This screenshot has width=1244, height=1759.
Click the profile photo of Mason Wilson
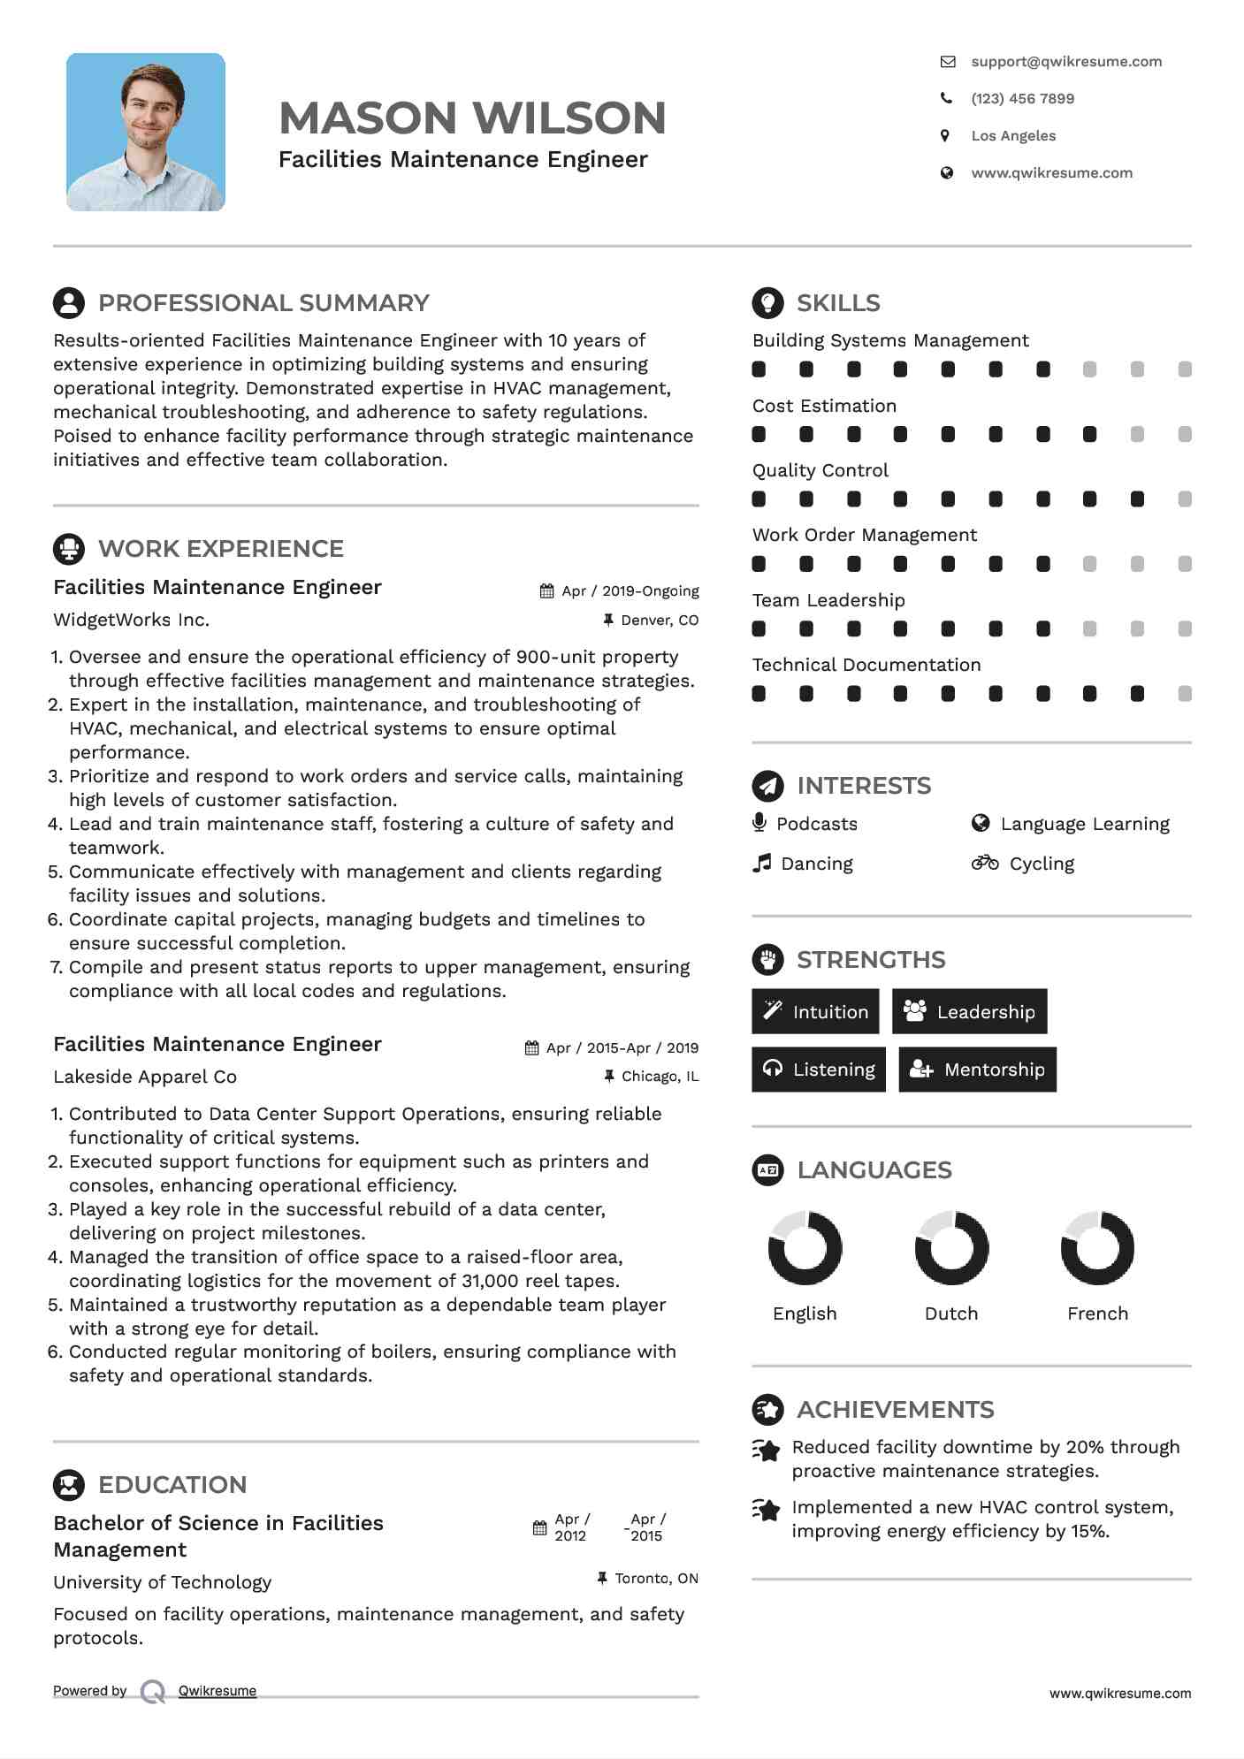(x=146, y=132)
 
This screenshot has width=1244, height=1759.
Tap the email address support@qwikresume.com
(x=1065, y=62)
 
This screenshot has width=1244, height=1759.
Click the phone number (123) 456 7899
(x=1022, y=99)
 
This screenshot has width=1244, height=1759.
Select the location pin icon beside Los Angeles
(x=945, y=136)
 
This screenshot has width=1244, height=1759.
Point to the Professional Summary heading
(x=263, y=303)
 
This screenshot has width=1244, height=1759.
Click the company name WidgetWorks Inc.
(x=131, y=621)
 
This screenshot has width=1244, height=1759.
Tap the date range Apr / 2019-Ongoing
(x=630, y=591)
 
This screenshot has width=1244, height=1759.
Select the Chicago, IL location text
(x=660, y=1077)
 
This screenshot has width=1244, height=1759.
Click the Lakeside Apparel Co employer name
(x=145, y=1077)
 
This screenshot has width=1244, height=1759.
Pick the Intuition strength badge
(x=815, y=1012)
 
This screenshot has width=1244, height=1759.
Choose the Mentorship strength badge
(x=977, y=1070)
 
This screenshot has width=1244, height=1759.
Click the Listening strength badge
(x=818, y=1070)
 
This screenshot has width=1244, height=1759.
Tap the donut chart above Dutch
(x=951, y=1247)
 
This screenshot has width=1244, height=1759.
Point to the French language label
(x=1097, y=1314)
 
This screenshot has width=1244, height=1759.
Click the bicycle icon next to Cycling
(x=984, y=863)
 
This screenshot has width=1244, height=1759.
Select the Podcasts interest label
(x=816, y=824)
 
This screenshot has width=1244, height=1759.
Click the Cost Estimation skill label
(x=824, y=406)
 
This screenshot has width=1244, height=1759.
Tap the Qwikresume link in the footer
(x=218, y=1691)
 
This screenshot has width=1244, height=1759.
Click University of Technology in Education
(x=162, y=1582)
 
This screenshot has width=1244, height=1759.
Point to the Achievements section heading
(x=895, y=1410)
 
